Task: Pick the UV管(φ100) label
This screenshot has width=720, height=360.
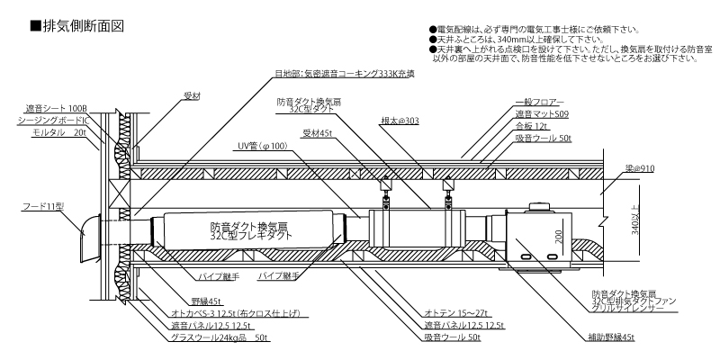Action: (260, 145)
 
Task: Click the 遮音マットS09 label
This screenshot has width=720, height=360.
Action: (543, 115)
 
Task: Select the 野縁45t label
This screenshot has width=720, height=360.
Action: (205, 301)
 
